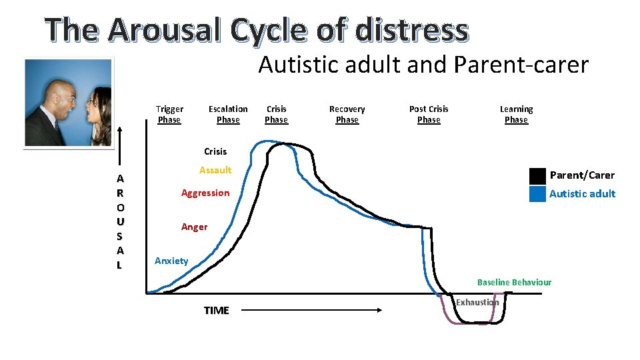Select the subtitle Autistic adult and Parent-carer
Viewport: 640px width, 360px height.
click(423, 65)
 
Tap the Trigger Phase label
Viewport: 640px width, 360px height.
click(169, 114)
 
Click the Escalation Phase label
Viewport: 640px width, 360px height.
click(228, 114)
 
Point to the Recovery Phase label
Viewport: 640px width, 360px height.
click(347, 114)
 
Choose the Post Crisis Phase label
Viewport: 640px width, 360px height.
click(429, 114)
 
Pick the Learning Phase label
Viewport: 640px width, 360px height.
click(516, 114)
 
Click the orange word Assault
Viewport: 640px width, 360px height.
click(215, 170)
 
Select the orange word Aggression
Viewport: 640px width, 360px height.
click(205, 193)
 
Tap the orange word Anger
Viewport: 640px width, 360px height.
click(194, 227)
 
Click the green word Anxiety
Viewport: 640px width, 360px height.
click(171, 261)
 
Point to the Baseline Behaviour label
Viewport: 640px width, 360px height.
click(514, 282)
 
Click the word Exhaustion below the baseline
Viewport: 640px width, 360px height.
click(477, 303)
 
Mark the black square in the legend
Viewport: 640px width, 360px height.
click(537, 176)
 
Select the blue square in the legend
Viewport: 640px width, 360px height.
click(537, 194)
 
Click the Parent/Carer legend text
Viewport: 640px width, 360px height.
click(582, 175)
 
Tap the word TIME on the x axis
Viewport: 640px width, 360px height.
click(216, 310)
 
